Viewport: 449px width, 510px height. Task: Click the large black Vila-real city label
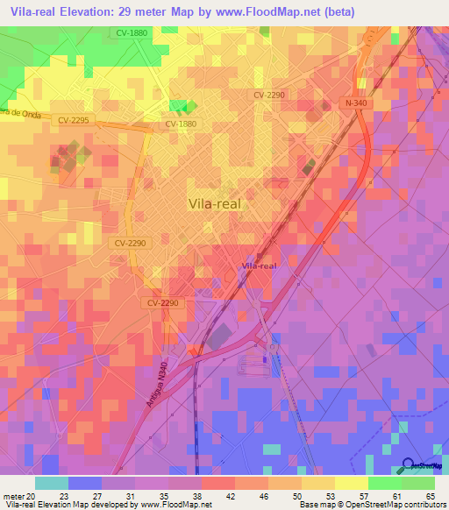click(215, 203)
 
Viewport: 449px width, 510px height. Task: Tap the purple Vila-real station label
click(260, 266)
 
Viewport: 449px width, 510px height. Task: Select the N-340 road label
click(355, 103)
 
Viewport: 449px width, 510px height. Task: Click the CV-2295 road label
click(75, 120)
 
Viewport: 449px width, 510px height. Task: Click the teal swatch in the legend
click(52, 483)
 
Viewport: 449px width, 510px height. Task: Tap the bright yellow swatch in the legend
click(351, 483)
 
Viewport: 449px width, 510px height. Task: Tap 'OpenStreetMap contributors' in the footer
click(395, 504)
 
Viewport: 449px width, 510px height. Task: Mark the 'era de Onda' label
click(19, 106)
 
